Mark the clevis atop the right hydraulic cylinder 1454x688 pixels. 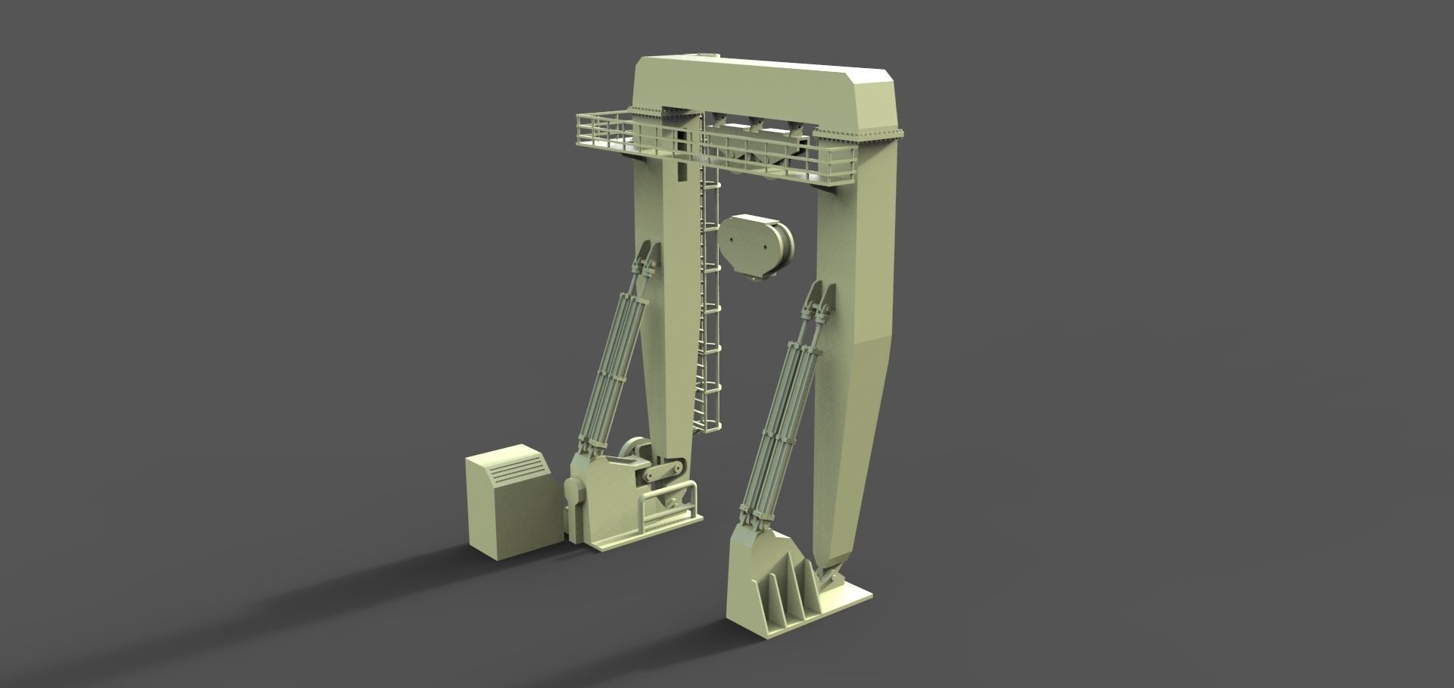[x=822, y=303]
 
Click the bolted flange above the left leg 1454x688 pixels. [x=663, y=114]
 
